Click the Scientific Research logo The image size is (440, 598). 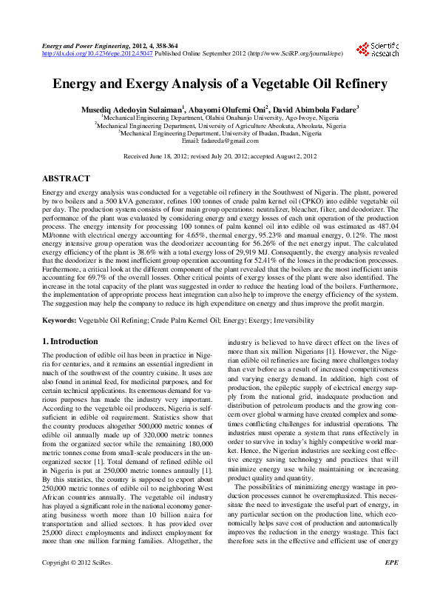[x=378, y=50]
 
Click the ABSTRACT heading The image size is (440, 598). [x=67, y=179]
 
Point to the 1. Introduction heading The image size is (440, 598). [x=70, y=341]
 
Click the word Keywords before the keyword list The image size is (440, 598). [x=59, y=320]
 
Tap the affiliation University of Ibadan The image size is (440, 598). [x=223, y=133]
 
